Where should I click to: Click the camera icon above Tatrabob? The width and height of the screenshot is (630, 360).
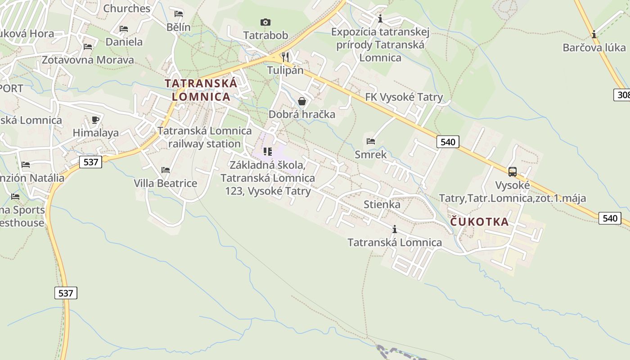[x=265, y=22]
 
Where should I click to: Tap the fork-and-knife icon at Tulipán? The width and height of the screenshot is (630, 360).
[x=285, y=57]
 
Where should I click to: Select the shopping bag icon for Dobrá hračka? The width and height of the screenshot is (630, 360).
[x=302, y=101]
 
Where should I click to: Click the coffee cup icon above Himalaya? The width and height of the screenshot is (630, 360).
[x=95, y=120]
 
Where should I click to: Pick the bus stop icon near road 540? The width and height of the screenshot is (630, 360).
[x=512, y=171]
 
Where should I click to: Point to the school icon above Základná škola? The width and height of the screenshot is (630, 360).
[x=268, y=152]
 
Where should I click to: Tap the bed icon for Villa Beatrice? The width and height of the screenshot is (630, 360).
[x=166, y=170]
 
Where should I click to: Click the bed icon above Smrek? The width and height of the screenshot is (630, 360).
[x=370, y=141]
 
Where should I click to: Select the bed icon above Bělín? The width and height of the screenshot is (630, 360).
[x=179, y=14]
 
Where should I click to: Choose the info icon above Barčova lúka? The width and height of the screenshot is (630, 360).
[x=594, y=34]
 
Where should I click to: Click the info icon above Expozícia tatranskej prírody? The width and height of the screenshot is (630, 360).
[x=380, y=18]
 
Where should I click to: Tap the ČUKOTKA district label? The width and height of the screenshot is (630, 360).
[x=479, y=221]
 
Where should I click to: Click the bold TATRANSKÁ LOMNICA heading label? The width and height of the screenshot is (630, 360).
[x=201, y=90]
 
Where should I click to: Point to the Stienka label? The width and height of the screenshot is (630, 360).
[x=382, y=204]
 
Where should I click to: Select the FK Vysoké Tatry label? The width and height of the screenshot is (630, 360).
[x=404, y=97]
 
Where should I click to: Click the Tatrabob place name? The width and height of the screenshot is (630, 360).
[x=265, y=35]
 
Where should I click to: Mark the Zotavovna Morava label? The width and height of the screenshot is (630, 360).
[x=88, y=60]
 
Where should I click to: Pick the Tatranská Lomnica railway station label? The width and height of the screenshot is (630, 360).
[x=204, y=137]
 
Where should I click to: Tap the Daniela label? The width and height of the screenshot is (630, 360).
[x=124, y=42]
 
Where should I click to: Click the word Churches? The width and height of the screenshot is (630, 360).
[x=127, y=9]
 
